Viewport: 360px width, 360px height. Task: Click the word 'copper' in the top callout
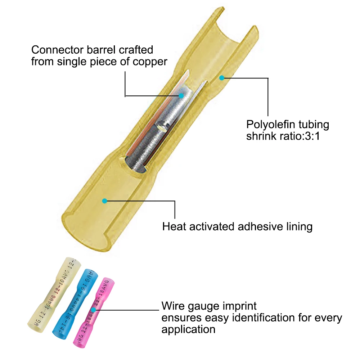(x=149, y=62)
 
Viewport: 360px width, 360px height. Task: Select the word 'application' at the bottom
(x=188, y=329)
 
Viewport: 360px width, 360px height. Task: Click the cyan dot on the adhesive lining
(x=104, y=201)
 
